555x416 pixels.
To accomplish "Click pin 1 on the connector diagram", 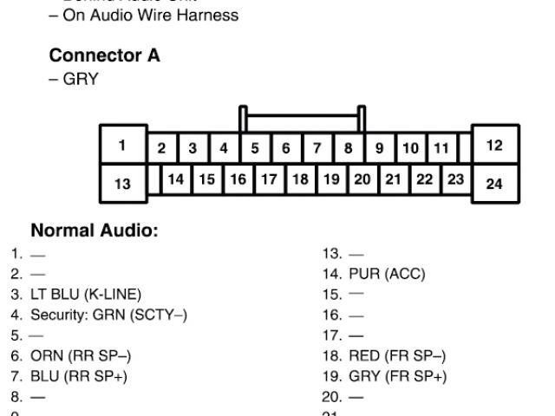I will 122,146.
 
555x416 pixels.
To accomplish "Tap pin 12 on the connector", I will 494,146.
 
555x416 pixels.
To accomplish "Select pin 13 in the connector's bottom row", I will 122,183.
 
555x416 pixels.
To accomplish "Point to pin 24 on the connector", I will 494,183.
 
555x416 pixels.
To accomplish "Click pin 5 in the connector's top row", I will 255,148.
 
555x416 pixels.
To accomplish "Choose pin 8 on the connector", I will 348,148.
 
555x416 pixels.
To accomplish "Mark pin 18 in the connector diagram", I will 300,179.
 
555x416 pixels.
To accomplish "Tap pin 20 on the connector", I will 362,179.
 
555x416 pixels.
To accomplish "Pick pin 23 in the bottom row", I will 455,179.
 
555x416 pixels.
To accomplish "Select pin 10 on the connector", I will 411,148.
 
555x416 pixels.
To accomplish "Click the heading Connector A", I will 104,55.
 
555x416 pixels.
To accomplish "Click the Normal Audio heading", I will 95,231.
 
